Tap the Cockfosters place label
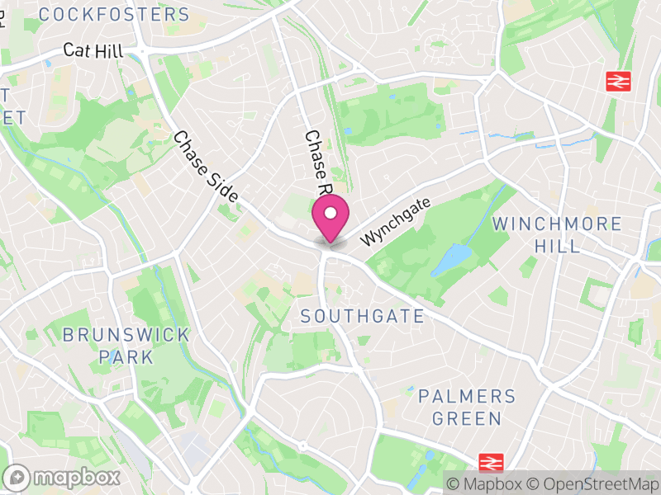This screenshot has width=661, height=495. [114, 14]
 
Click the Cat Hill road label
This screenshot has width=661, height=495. [93, 51]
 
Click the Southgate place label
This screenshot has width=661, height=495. [362, 316]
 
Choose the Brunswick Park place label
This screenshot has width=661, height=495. [126, 346]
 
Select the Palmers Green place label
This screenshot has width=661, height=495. [467, 407]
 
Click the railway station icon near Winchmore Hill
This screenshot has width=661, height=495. [616, 81]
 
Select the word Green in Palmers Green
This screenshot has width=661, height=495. [467, 418]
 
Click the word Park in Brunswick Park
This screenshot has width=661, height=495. [126, 357]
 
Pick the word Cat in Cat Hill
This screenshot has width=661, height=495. [76, 51]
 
